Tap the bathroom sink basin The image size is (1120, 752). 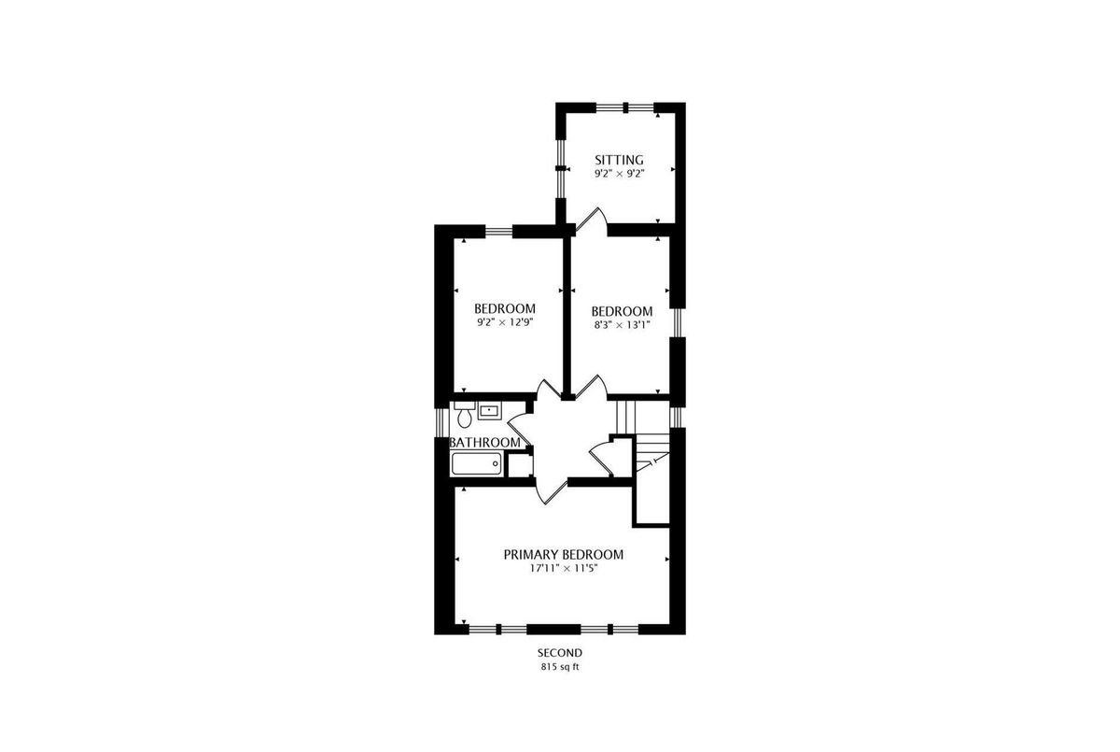tap(489, 411)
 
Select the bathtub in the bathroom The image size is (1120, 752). tap(477, 463)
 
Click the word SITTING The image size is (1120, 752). tap(619, 160)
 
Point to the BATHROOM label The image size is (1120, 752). tap(485, 442)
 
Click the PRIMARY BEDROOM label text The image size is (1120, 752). tap(564, 554)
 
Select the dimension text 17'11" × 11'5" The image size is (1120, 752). tap(564, 568)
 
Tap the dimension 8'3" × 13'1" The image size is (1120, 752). tap(622, 325)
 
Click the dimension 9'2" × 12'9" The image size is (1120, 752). tap(505, 322)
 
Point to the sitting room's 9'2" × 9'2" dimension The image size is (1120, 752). tap(619, 174)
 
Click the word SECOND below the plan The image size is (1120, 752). tap(560, 653)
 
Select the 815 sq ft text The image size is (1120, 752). tap(560, 667)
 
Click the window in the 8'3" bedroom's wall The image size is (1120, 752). tap(677, 322)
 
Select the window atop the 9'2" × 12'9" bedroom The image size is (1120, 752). tap(499, 231)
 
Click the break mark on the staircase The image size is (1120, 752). tap(652, 462)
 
